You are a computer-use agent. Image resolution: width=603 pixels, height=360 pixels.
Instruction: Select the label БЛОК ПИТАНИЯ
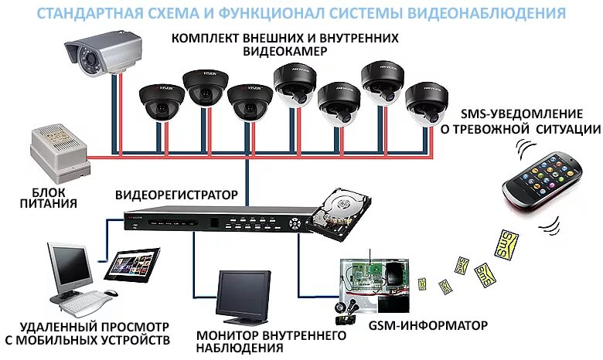coord(49,198)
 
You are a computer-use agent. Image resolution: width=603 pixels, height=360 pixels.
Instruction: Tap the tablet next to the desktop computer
coord(132,265)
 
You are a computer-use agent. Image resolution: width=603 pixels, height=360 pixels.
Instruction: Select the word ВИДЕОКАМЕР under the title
coord(285,51)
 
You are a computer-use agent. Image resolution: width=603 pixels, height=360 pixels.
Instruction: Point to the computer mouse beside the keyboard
coord(111,293)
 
